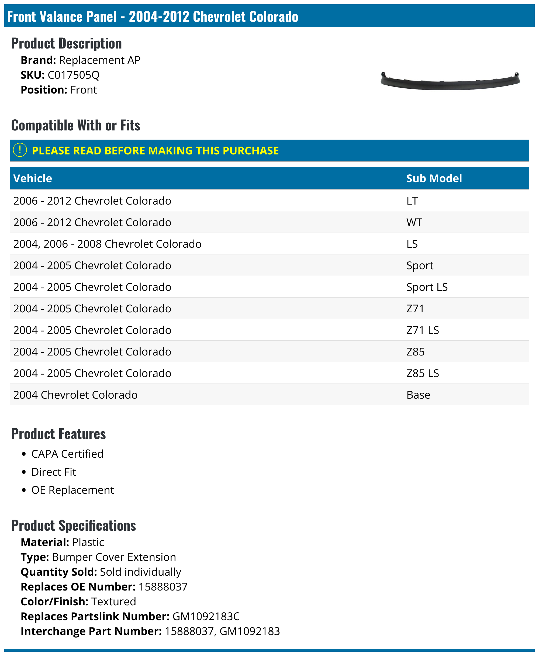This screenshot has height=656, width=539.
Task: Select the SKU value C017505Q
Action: tap(74, 75)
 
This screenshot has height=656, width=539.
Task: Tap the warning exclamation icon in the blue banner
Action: tap(20, 150)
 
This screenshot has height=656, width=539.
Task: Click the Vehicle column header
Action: tap(33, 178)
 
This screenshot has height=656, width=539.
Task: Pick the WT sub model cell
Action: tap(414, 222)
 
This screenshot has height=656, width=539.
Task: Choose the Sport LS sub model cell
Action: tap(427, 287)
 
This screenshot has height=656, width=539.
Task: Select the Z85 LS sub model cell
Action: tap(422, 373)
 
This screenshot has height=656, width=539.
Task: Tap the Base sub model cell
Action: tap(418, 395)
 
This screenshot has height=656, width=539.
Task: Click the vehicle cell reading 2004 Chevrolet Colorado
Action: tap(75, 395)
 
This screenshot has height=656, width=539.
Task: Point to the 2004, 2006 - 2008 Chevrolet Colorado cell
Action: tap(107, 244)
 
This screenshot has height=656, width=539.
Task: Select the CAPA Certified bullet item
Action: tap(67, 454)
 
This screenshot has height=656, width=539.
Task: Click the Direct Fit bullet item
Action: tap(54, 472)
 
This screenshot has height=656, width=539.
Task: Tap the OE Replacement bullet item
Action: tap(73, 490)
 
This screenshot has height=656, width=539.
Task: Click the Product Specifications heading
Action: tap(74, 526)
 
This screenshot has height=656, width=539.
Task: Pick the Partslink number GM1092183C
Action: tap(206, 616)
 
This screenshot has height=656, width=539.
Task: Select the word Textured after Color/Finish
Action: tap(114, 601)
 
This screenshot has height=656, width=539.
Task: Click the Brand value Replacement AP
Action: tap(100, 60)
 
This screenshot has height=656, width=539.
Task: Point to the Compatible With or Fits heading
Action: tap(75, 125)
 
